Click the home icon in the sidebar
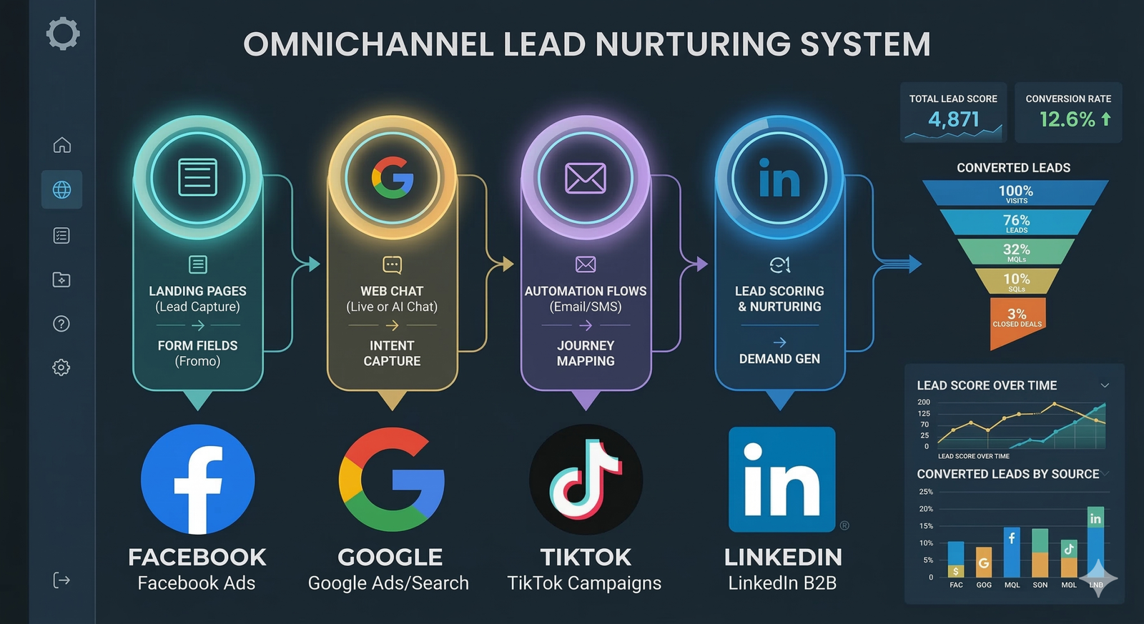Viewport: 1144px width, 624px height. [62, 145]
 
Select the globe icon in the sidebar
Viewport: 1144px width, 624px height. [62, 189]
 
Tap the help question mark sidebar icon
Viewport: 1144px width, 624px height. [61, 324]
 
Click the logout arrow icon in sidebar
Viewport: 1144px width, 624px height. [61, 580]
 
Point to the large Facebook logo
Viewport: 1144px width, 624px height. [197, 480]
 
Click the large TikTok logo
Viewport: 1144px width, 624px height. [586, 480]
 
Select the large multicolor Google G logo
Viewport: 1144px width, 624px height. [391, 480]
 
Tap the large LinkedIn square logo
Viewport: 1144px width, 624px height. [782, 480]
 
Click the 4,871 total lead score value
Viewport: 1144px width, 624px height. [953, 119]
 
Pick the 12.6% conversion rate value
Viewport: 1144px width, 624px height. [1067, 119]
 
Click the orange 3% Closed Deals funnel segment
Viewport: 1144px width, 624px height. [1017, 319]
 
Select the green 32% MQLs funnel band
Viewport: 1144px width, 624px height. [1016, 252]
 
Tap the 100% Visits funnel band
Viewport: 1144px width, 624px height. [1015, 193]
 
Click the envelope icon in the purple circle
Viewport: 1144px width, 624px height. [586, 178]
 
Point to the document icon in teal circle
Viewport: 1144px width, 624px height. [197, 177]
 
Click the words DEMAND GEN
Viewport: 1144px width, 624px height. [779, 359]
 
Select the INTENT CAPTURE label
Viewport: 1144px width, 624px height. [392, 353]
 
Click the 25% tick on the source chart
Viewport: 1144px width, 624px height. [926, 492]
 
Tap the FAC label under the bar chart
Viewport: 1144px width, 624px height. [956, 585]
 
